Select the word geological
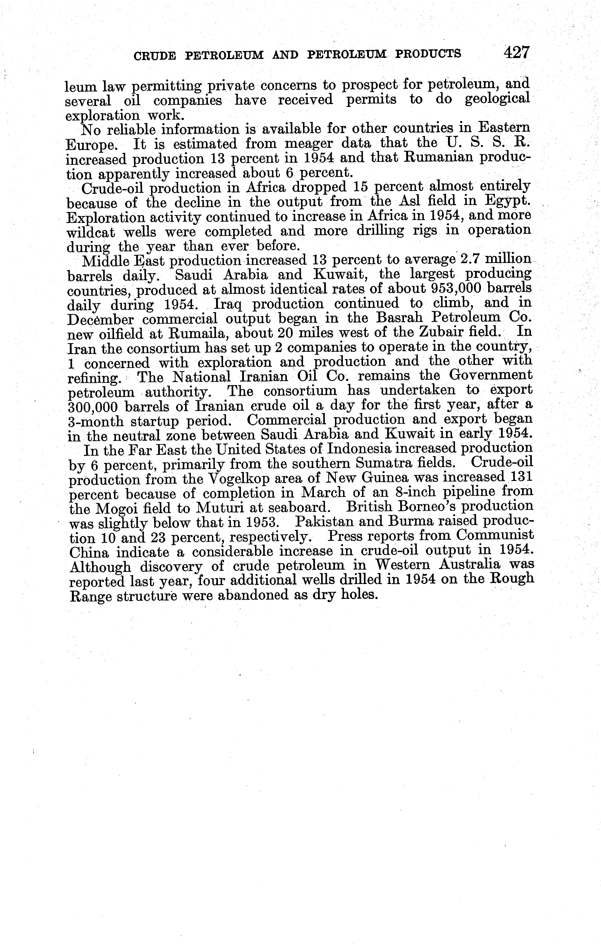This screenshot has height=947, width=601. tap(498, 99)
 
